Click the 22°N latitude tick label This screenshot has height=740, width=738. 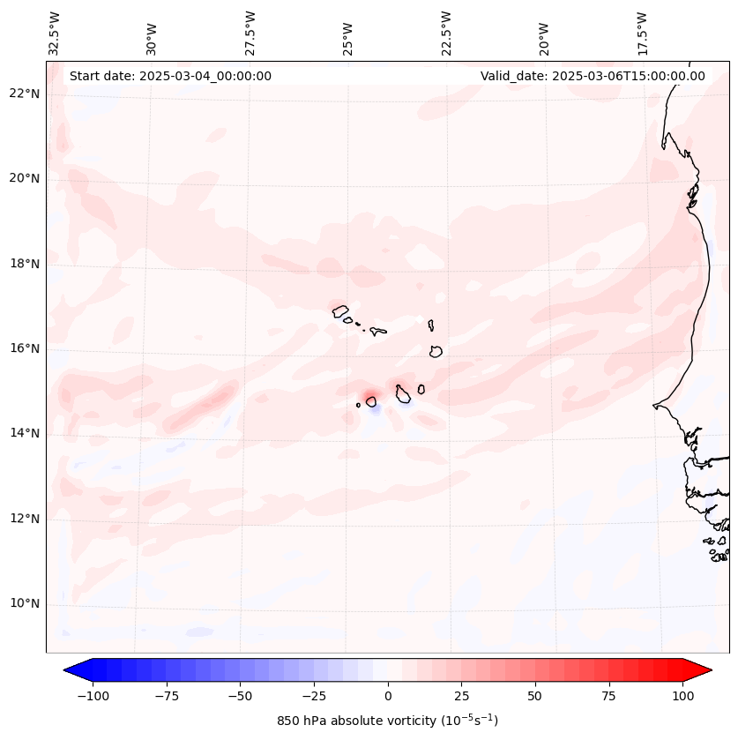(x=26, y=93)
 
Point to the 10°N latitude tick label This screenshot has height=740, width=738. (x=26, y=604)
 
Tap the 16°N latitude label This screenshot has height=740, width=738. (x=26, y=348)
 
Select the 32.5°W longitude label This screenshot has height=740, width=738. (x=55, y=34)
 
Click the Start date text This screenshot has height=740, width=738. (x=170, y=76)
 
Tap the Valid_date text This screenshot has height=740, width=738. (x=593, y=76)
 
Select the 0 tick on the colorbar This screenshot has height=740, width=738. (x=388, y=696)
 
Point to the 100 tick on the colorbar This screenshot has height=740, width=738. (x=682, y=696)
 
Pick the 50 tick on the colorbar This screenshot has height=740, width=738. (x=535, y=696)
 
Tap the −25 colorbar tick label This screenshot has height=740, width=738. (x=314, y=696)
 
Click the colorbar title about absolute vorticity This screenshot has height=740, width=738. (x=388, y=721)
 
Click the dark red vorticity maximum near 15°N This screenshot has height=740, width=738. (x=370, y=395)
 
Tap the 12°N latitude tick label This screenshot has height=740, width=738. (x=26, y=519)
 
